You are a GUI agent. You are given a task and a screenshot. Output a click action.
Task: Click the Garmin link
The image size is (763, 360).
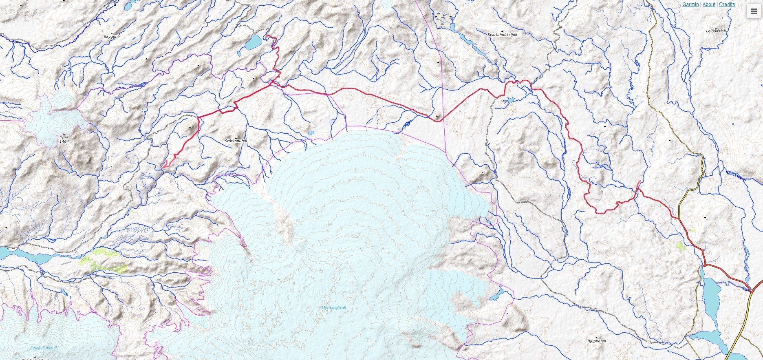point(690,4)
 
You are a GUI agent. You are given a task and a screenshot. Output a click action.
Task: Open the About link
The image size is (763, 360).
point(709,4)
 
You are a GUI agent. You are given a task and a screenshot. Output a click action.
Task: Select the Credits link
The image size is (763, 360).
point(727,4)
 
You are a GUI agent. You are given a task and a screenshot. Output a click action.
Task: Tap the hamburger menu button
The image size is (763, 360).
point(754,11)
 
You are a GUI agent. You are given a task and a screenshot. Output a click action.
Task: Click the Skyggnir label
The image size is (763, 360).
point(112,37)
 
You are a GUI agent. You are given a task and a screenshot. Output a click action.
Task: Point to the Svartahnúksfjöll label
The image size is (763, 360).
point(502,35)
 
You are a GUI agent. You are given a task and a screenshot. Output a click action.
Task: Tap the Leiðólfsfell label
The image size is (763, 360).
point(716,31)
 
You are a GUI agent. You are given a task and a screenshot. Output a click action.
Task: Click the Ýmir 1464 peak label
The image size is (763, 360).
point(64,139)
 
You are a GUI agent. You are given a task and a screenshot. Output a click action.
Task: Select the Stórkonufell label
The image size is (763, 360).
point(236,141)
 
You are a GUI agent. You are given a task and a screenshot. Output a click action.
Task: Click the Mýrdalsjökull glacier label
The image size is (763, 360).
point(334,308)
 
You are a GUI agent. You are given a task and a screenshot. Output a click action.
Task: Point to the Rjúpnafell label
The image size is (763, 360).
point(597,341)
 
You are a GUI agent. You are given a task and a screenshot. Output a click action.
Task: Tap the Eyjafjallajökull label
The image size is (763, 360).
point(44,348)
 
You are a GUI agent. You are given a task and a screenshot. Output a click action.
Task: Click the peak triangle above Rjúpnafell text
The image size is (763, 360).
point(597,337)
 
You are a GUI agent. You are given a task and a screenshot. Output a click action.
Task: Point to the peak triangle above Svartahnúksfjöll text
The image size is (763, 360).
point(502,31)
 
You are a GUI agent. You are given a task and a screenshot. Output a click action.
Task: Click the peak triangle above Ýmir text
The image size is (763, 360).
point(64,134)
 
